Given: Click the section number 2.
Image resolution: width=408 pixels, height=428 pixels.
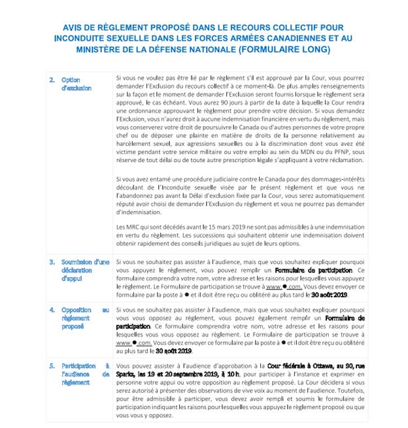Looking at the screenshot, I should (52, 80).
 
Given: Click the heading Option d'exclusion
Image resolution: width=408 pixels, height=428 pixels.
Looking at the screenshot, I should (76, 84).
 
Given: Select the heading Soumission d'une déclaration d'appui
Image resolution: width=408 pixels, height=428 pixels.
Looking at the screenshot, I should (85, 270).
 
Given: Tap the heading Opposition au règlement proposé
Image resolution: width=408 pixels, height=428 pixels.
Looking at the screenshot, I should (85, 318).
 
